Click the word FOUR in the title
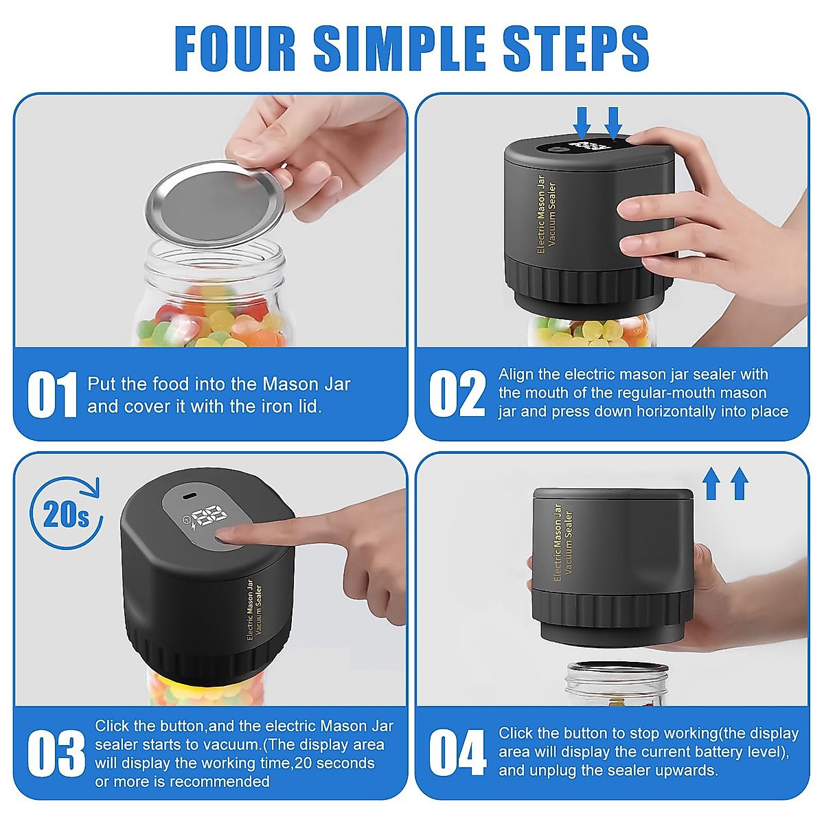235,48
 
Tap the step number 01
51,395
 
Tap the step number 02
457,393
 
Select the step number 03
56,754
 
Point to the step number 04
457,753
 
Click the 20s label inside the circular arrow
65,514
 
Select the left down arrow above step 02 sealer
583,122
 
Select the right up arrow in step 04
739,483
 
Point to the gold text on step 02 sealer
546,214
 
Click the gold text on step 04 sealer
562,542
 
